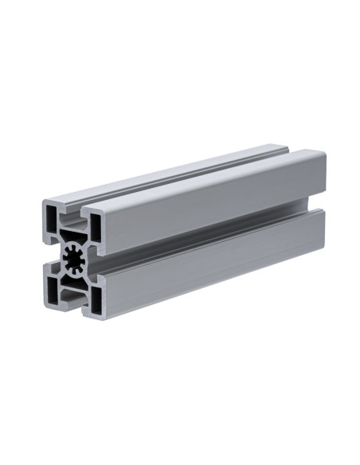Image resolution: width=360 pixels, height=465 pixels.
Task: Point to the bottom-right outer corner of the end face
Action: [x=104, y=318]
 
